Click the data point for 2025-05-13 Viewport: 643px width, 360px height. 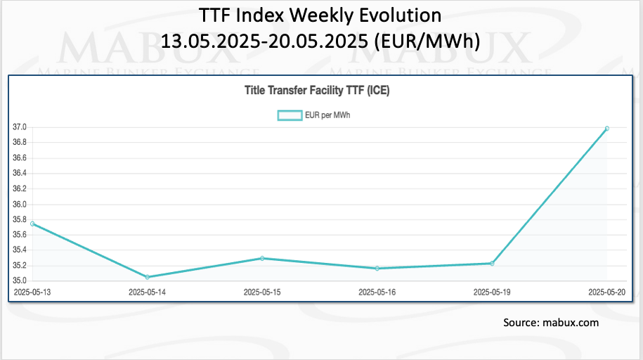(x=32, y=224)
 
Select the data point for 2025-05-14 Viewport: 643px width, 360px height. (x=148, y=277)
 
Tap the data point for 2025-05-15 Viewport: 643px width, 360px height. (x=262, y=258)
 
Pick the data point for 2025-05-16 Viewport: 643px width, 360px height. (x=377, y=268)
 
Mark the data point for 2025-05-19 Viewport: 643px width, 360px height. (x=492, y=263)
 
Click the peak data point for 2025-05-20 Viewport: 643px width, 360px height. (x=607, y=128)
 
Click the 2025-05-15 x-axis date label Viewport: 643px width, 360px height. (x=262, y=291)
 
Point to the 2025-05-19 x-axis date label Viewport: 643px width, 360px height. (x=492, y=291)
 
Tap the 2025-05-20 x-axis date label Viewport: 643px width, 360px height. (x=606, y=291)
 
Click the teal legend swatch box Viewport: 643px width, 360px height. (x=289, y=115)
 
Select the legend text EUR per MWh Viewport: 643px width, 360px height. (x=327, y=115)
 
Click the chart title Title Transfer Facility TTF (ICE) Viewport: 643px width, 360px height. (x=321, y=90)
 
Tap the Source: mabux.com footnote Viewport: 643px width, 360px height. (x=551, y=323)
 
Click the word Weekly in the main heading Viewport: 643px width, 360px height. (x=311, y=15)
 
